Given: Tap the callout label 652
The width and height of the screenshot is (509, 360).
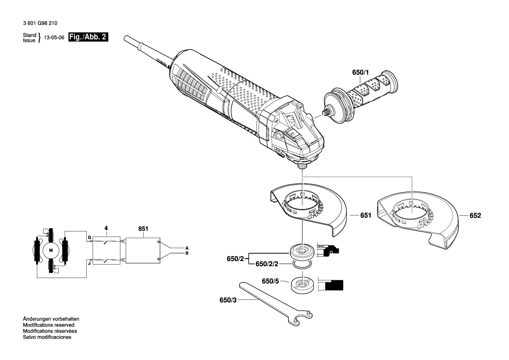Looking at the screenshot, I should click(475, 215).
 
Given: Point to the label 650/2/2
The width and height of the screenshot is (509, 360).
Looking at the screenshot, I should click(266, 264).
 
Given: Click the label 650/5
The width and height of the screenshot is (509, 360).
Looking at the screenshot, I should click(270, 282).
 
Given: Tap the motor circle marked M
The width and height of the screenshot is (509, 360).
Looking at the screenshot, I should click(51, 250).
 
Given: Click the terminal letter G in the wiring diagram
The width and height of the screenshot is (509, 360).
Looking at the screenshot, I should click(89, 238).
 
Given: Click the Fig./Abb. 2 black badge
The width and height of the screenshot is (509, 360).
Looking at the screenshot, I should click(88, 37).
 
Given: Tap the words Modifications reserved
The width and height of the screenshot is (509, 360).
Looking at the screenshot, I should click(48, 325).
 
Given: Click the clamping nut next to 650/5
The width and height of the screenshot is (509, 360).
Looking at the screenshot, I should click(300, 285).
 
